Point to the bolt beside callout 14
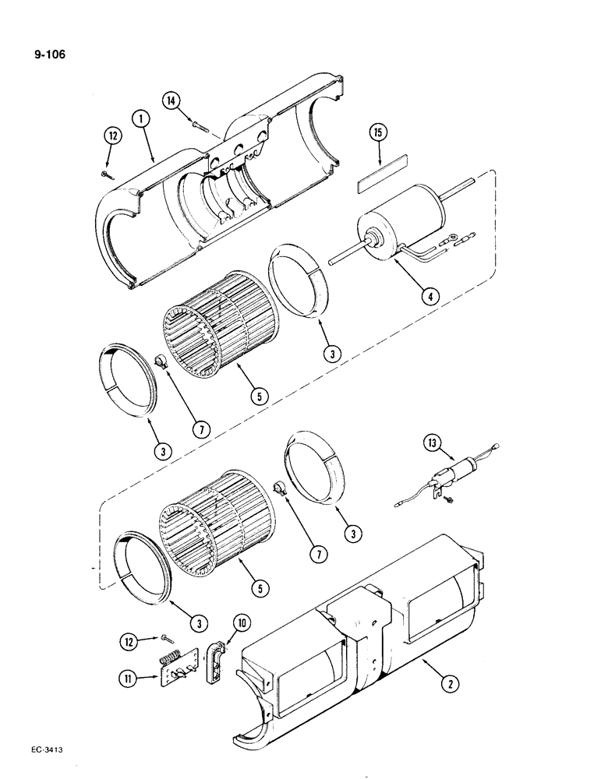tap(200, 122)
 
